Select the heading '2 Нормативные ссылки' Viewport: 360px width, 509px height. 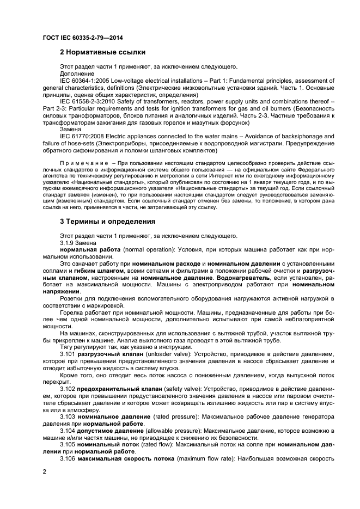click(102, 53)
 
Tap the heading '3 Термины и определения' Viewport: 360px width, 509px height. click(107, 222)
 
